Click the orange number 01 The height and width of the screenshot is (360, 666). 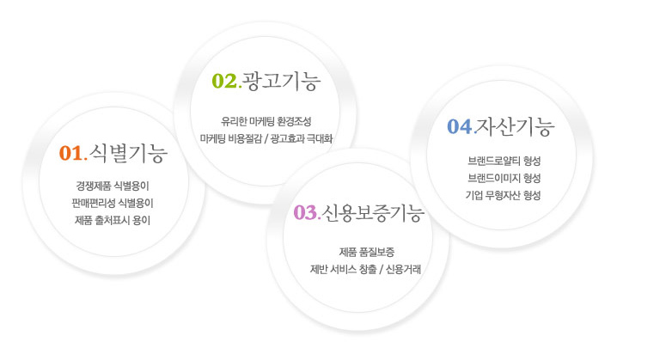pyautogui.click(x=71, y=153)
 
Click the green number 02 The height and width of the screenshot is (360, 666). pyautogui.click(x=224, y=81)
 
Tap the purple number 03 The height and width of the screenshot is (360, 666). pyautogui.click(x=305, y=212)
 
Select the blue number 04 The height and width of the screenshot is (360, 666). pyautogui.click(x=460, y=126)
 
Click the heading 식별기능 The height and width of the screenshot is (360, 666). pyautogui.click(x=128, y=153)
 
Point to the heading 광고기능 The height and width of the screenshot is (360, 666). pyautogui.click(x=281, y=81)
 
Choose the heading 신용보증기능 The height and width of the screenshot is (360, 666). pyautogui.click(x=373, y=213)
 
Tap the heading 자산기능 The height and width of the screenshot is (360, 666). pyautogui.click(x=516, y=126)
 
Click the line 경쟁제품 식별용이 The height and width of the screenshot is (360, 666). pyautogui.click(x=113, y=186)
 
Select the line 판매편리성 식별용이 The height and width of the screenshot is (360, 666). pyautogui.click(x=113, y=203)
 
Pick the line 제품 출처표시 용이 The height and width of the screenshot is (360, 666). pyautogui.click(x=113, y=220)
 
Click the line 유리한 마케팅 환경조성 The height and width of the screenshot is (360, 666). pyautogui.click(x=266, y=121)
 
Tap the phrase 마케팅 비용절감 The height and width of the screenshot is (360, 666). pyautogui.click(x=231, y=139)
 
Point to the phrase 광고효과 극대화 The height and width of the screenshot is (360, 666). pyautogui.click(x=302, y=139)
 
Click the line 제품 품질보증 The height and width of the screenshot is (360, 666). pyautogui.click(x=367, y=252)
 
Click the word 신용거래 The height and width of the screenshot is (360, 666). pyautogui.click(x=403, y=269)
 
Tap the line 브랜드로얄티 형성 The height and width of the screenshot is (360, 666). pyautogui.click(x=504, y=161)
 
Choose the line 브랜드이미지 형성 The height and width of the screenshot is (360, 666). pyautogui.click(x=504, y=178)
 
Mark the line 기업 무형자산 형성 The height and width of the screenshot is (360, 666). pyautogui.click(x=503, y=195)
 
